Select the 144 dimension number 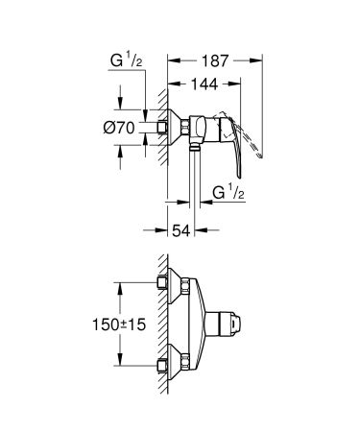click(204, 84)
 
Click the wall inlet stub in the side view click(159, 127)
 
